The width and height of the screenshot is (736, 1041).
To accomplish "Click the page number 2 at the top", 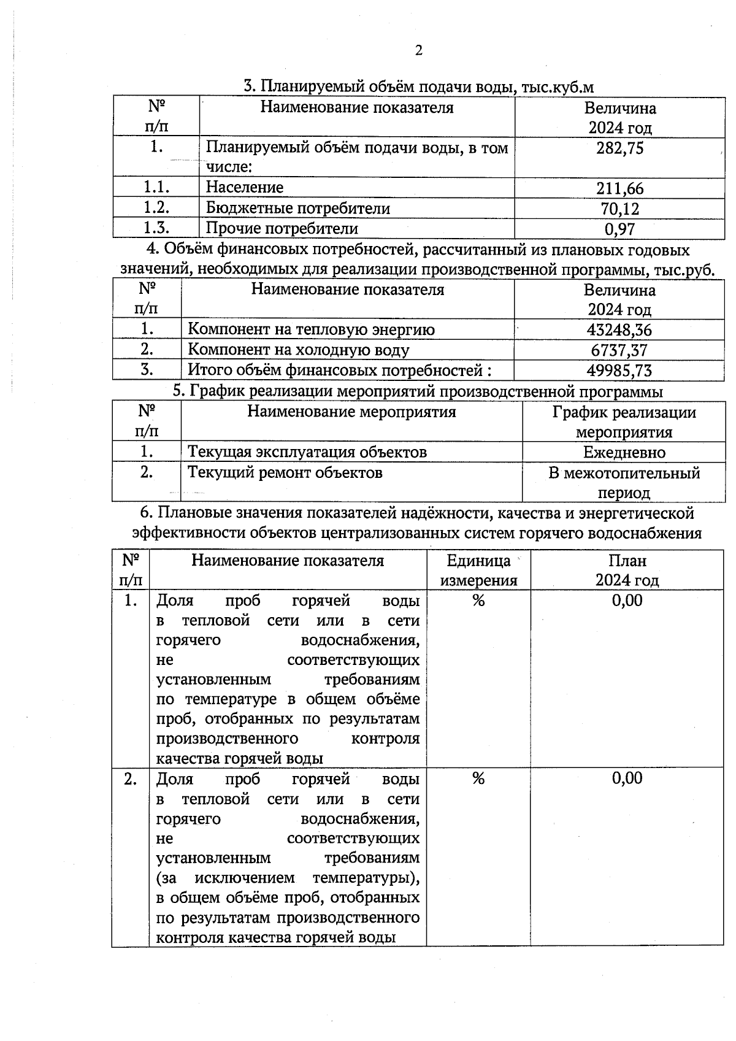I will click(x=418, y=50).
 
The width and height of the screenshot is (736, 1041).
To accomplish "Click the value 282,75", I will click(x=619, y=148).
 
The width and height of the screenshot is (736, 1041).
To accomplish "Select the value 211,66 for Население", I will click(x=619, y=188).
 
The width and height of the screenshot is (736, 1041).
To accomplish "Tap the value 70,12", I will click(x=619, y=209).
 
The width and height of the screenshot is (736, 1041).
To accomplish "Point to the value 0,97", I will click(x=619, y=229).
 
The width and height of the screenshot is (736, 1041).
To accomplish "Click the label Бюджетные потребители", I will click(x=297, y=208).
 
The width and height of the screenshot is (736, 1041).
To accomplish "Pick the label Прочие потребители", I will click(x=282, y=229).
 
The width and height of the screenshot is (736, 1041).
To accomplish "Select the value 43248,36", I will click(x=619, y=330).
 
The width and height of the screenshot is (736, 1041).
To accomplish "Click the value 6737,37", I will click(x=619, y=350).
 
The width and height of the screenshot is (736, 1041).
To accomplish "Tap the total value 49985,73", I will click(x=619, y=371).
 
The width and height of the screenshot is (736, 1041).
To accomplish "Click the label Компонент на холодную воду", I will click(x=298, y=350).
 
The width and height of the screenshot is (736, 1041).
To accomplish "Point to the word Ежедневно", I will click(x=624, y=453).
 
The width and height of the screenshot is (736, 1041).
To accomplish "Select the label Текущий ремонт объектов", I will click(x=285, y=472).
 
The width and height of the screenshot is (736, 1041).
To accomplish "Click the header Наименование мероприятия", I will click(x=351, y=412).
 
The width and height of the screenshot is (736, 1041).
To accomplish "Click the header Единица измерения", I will click(x=478, y=570).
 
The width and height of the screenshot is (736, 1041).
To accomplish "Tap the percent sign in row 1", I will click(x=478, y=601).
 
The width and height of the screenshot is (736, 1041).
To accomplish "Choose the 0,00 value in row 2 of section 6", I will click(x=627, y=778).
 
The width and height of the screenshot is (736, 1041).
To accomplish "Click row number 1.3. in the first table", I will click(x=156, y=228).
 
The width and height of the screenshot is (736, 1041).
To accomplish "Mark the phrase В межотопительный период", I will click(x=624, y=483).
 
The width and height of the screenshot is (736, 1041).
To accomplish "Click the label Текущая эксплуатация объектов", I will click(x=307, y=452).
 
